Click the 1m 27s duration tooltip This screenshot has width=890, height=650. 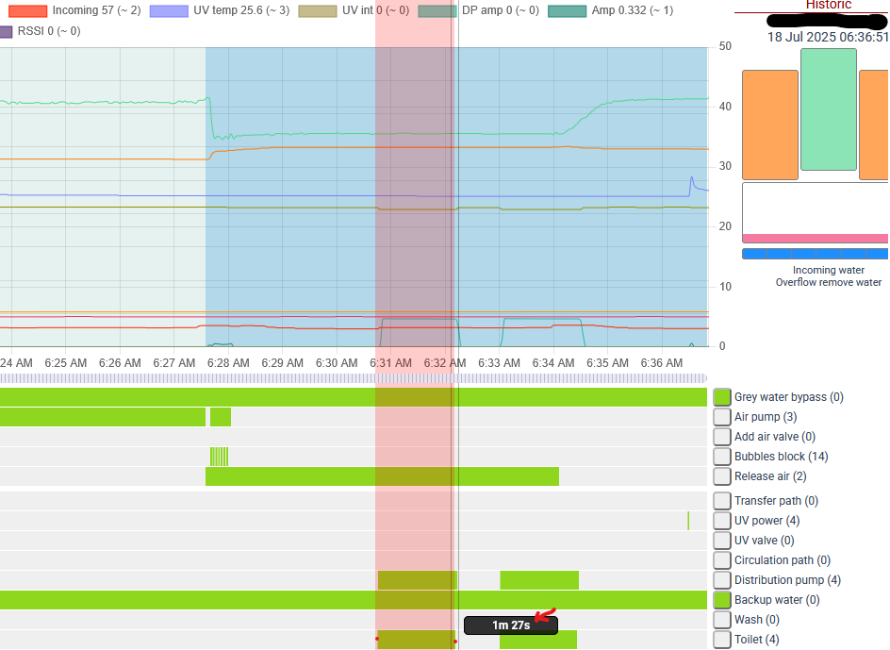[511, 625]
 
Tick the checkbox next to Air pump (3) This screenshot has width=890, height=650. [722, 417]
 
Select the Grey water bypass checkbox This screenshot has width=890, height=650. [722, 397]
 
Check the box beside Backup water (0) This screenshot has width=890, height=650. [722, 600]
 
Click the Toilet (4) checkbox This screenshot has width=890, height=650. [722, 640]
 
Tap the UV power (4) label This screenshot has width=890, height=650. [766, 521]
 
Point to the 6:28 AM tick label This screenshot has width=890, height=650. [228, 363]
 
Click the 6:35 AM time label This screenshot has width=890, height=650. [607, 363]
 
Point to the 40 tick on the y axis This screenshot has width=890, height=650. [725, 107]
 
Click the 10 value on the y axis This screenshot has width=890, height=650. [725, 287]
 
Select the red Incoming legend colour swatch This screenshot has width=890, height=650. [28, 10]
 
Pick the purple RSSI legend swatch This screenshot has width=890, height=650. [7, 31]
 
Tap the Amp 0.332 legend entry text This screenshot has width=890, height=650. [633, 10]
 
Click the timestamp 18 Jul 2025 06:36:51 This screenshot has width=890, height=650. [828, 38]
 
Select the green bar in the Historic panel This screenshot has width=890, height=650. [829, 109]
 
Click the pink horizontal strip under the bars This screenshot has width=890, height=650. [816, 239]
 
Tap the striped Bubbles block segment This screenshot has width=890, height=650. [219, 457]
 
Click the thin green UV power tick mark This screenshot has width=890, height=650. [688, 521]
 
